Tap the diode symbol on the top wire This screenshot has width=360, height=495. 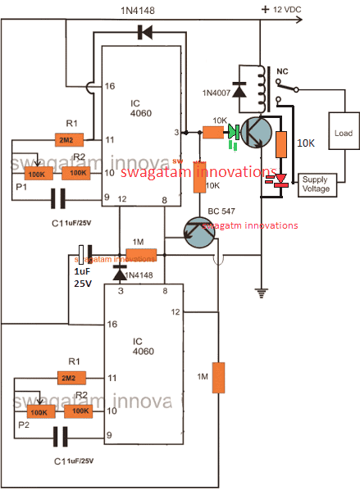(146, 33)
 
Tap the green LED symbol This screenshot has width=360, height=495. (235, 131)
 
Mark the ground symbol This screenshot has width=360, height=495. (261, 289)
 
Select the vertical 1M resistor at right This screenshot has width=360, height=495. (218, 377)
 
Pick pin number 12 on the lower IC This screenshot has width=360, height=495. (175, 311)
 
